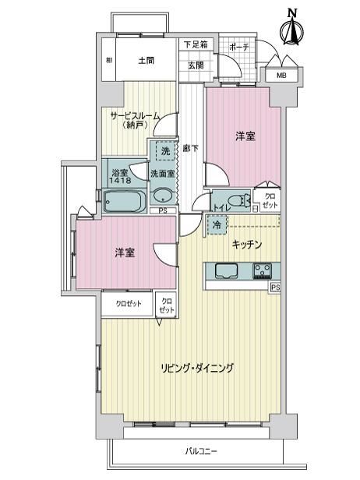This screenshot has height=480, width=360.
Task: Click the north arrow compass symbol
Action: (292, 30)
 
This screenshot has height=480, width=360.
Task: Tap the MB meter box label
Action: (281, 75)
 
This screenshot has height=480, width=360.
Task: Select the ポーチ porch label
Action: (238, 47)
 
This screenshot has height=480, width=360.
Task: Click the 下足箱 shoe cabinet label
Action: (196, 44)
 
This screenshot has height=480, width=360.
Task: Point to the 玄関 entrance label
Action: (196, 65)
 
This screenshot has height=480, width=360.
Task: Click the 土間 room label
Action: (146, 60)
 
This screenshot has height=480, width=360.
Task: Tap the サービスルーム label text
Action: (135, 116)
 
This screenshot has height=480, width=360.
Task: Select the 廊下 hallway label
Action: (190, 149)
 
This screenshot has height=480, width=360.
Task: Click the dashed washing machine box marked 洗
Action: (166, 151)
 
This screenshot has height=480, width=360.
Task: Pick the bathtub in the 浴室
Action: (124, 201)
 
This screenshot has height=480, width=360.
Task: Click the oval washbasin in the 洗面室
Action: (163, 196)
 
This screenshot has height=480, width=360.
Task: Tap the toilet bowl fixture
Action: (239, 200)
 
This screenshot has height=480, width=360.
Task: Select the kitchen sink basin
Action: (227, 271)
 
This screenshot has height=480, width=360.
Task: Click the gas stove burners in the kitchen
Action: (262, 270)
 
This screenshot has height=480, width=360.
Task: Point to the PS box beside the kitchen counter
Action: (275, 288)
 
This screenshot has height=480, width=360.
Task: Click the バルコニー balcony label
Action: (201, 451)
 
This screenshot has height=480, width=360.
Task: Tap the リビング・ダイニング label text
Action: (197, 368)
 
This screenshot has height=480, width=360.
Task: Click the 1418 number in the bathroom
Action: (120, 181)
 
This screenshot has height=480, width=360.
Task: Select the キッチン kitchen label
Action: (247, 245)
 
